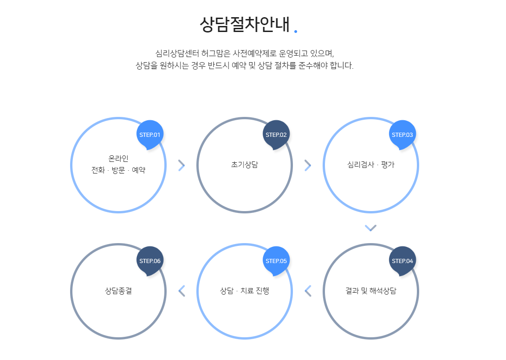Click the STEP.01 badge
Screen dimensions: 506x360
[x=150, y=135]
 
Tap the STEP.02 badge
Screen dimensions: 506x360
[x=276, y=135]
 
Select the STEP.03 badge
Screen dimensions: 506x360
[x=402, y=135]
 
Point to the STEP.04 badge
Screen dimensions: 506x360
[x=402, y=261]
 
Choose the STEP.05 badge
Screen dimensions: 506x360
[x=276, y=261]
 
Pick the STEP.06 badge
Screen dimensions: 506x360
[x=150, y=261]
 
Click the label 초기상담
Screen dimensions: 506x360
[x=244, y=165]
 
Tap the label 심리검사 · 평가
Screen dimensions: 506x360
[x=370, y=165]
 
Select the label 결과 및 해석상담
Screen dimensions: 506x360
[x=370, y=291]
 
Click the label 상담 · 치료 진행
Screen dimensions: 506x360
[x=244, y=291]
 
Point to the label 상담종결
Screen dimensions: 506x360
[x=118, y=291]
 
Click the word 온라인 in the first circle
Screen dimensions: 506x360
[x=118, y=159]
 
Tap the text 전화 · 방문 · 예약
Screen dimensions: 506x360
[x=118, y=170]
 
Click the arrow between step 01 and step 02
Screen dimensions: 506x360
[x=182, y=165]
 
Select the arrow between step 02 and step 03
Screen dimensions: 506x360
[x=307, y=165]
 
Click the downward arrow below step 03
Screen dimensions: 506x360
[x=370, y=228]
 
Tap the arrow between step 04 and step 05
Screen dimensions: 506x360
[x=307, y=291]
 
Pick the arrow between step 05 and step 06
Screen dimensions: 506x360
[x=182, y=291]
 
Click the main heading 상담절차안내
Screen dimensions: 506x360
[x=244, y=24]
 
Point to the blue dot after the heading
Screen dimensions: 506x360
[x=296, y=32]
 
